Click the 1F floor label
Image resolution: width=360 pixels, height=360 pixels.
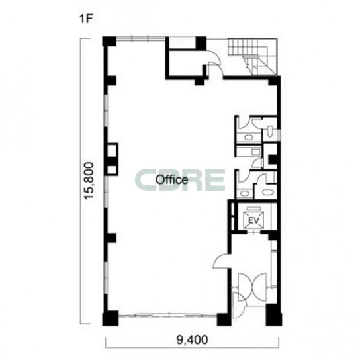[x=86, y=19]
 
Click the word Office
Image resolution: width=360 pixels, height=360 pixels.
[x=172, y=179]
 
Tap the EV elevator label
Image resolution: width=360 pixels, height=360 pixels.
[x=253, y=220]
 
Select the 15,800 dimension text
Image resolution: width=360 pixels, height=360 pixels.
[x=89, y=181]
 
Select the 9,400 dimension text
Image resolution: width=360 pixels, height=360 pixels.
[x=192, y=340]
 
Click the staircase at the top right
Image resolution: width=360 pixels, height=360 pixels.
[x=253, y=56]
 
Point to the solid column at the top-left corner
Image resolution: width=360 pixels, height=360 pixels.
[x=109, y=42]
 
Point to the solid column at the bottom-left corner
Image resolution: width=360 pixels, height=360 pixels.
[x=111, y=318]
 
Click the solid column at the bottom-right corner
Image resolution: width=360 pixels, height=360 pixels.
[x=274, y=314]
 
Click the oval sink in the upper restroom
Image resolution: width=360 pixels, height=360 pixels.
[x=248, y=138]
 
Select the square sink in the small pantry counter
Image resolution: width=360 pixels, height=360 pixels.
[x=255, y=152]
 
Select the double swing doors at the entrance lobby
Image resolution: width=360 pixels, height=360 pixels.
[x=252, y=287]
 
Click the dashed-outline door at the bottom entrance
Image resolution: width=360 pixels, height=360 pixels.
[x=239, y=305]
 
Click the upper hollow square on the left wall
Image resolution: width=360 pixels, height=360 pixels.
[x=112, y=150]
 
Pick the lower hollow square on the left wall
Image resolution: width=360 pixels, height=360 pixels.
[x=112, y=170]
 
